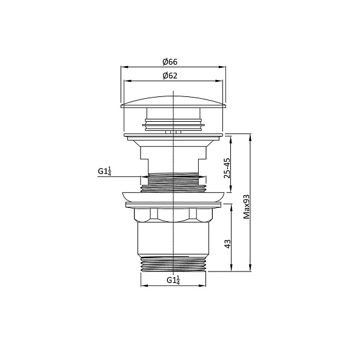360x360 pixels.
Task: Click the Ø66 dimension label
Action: (170, 62)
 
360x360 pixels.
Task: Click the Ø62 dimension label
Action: (170, 75)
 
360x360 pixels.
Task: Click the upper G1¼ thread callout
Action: (104, 172)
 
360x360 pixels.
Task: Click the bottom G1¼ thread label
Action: (173, 281)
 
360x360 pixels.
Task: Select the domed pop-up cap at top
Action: (174, 100)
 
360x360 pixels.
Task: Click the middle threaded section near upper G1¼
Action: (174, 180)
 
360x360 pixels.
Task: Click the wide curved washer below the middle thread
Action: (174, 196)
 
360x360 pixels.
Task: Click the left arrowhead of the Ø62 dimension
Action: (126, 81)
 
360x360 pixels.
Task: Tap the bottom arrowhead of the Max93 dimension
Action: (252, 268)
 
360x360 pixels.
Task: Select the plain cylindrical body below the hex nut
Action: (174, 239)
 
